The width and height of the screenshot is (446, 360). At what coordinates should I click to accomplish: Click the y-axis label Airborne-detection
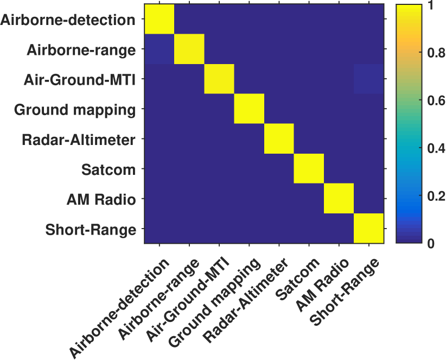68,21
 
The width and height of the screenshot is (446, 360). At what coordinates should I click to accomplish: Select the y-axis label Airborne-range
81,51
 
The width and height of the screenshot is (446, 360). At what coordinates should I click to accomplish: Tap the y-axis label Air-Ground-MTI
79,80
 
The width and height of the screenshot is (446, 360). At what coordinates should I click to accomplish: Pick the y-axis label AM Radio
104,200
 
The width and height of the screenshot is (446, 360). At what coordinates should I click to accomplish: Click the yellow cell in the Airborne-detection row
159,19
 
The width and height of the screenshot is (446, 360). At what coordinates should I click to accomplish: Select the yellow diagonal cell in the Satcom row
309,169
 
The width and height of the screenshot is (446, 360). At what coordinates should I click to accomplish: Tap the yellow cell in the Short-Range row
368,229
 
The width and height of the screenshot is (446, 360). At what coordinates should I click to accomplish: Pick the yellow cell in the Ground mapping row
249,109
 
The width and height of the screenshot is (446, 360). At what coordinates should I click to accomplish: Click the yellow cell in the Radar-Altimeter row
279,139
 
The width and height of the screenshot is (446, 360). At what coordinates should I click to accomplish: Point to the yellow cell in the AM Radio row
339,199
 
